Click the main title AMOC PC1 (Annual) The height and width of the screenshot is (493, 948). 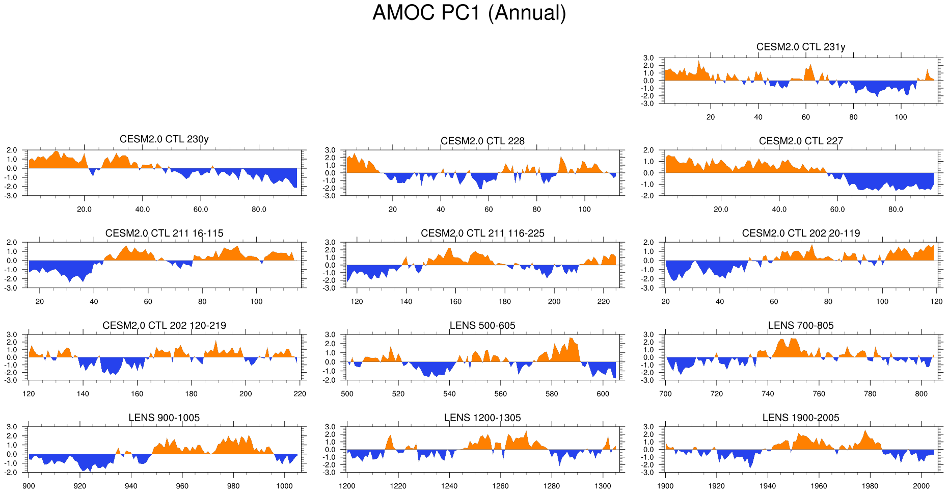click(x=469, y=13)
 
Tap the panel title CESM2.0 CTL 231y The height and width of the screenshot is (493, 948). click(x=800, y=47)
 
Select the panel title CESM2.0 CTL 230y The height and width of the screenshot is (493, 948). click(x=164, y=139)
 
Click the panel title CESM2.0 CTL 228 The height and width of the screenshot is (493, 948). click(x=482, y=141)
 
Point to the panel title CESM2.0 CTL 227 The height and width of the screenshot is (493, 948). click(x=800, y=141)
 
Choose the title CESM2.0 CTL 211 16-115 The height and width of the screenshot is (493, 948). click(x=164, y=233)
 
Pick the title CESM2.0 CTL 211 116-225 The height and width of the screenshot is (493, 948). click(x=482, y=233)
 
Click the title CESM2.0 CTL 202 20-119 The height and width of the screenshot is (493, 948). click(x=800, y=233)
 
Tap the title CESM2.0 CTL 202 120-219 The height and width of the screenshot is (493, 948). click(x=164, y=325)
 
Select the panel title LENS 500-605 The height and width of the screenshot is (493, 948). click(x=482, y=325)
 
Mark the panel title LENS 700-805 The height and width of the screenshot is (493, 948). click(x=800, y=325)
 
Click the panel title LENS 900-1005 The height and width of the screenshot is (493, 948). click(x=164, y=418)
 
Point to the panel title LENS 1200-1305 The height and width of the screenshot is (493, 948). click(x=482, y=418)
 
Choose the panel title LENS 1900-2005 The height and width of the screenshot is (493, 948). click(x=800, y=418)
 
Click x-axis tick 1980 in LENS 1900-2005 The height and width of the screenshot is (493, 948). click(x=870, y=486)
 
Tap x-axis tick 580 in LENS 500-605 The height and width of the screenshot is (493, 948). click(x=552, y=394)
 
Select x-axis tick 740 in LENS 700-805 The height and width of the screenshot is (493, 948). click(x=768, y=394)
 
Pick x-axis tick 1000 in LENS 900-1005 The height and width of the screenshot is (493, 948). click(x=284, y=486)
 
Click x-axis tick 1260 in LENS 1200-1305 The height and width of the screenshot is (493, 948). click(x=500, y=486)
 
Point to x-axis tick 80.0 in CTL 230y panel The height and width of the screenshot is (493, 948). click(x=259, y=209)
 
